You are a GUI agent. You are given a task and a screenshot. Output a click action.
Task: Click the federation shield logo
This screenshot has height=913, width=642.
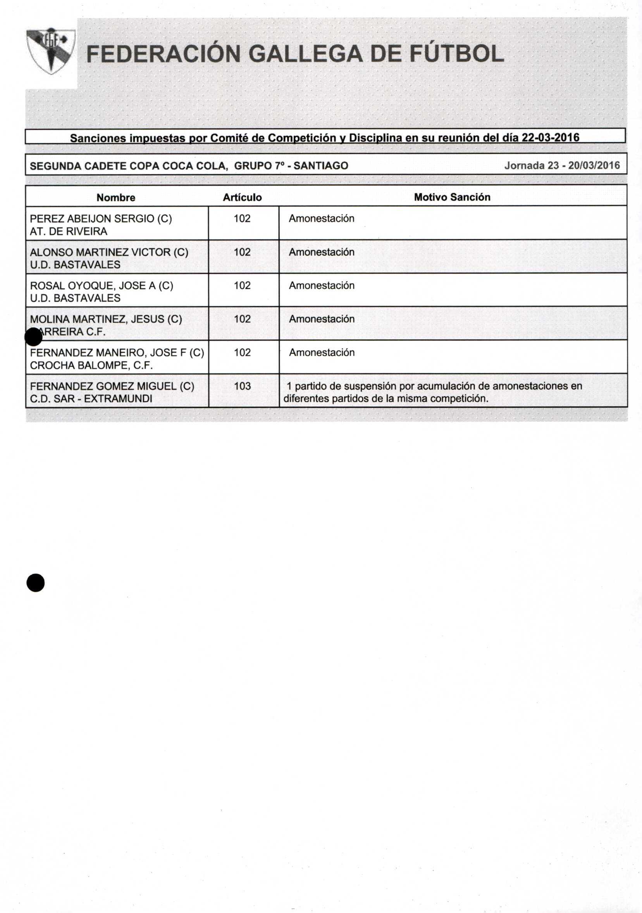[x=50, y=50]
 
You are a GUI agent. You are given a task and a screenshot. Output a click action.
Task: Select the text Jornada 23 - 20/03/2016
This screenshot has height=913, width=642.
[x=562, y=165]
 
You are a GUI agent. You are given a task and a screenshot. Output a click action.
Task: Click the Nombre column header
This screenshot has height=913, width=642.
[x=116, y=198]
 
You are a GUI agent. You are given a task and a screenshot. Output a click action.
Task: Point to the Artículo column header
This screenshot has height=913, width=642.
[x=242, y=198]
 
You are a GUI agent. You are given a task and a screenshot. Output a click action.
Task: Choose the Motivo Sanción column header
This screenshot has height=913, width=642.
[x=452, y=197]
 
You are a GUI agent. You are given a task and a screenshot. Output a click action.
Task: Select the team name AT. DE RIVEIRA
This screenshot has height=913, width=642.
[x=68, y=231]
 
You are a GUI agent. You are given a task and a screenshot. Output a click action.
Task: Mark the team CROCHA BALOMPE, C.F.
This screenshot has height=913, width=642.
[x=91, y=365]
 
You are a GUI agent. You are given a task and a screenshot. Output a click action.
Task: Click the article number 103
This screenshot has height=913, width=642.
[x=242, y=386]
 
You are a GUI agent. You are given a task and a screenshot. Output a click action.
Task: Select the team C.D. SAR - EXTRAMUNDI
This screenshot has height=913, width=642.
[x=91, y=398]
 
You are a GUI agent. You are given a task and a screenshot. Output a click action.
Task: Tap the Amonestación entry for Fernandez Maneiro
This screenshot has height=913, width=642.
[x=322, y=352]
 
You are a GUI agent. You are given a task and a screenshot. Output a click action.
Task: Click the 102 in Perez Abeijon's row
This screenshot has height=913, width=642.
[x=242, y=218]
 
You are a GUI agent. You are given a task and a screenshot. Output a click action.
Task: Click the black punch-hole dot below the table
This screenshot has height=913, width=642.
[x=35, y=583]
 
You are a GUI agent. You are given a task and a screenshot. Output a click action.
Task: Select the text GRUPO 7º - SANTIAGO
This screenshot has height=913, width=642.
[x=291, y=165]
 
